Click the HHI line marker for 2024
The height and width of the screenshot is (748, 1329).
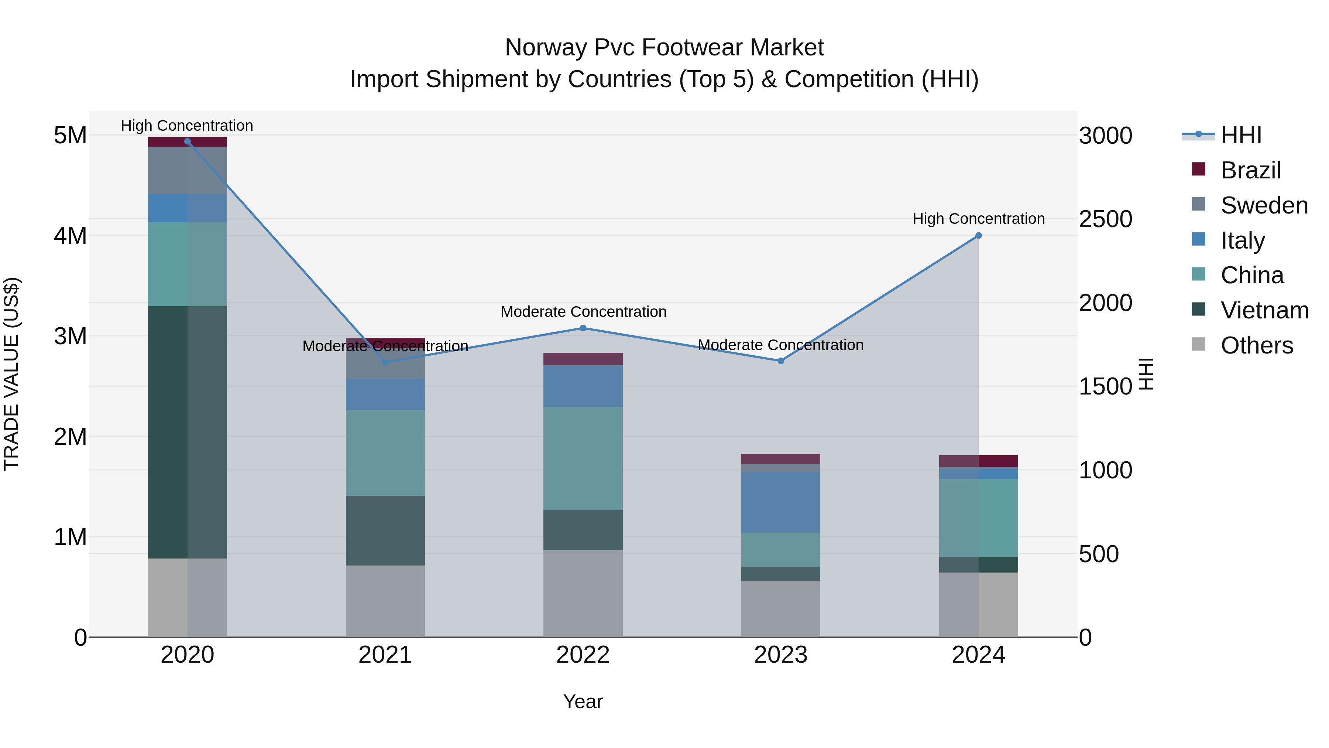978,235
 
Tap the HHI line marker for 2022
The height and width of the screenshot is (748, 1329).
583,328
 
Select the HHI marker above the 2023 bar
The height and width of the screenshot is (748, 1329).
780,361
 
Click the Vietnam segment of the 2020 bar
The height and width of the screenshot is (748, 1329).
187,432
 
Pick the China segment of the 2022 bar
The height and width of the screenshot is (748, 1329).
583,458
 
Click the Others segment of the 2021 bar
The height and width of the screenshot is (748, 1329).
385,601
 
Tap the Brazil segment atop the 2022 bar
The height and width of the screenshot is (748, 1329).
583,359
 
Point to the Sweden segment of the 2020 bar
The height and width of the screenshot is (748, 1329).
187,170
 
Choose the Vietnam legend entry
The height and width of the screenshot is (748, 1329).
1264,310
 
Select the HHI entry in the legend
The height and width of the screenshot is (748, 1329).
1241,135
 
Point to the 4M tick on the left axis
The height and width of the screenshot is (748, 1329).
70,236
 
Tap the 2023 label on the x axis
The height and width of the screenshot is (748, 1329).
780,655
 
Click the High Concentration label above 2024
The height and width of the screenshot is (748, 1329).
978,219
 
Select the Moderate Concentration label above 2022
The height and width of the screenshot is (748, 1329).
583,312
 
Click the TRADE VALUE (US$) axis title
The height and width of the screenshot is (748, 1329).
11,374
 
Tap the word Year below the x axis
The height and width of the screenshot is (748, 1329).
583,701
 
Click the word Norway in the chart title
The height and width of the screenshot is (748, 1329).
545,48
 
